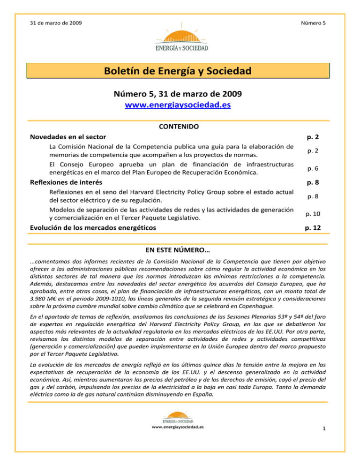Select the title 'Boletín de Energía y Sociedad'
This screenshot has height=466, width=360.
tap(180, 72)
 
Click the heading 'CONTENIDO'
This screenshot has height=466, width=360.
tap(180, 127)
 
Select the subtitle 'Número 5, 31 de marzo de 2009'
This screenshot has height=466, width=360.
tap(180, 94)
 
